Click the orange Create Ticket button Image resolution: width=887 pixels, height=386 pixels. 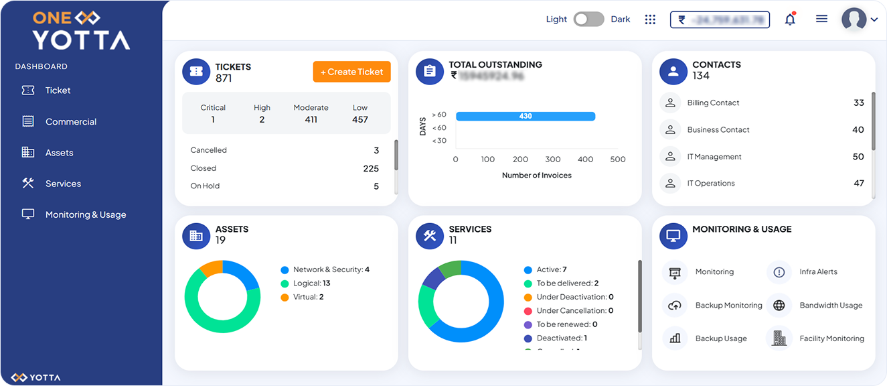click(x=351, y=72)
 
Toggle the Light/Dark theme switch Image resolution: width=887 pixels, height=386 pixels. click(x=588, y=19)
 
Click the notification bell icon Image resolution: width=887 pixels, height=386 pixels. click(x=790, y=19)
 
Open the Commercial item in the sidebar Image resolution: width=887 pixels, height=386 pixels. click(x=70, y=122)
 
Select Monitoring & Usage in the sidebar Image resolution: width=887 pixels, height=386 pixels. click(x=85, y=214)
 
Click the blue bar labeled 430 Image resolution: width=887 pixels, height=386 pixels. click(x=526, y=116)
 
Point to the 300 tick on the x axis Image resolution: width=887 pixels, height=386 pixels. click(x=553, y=159)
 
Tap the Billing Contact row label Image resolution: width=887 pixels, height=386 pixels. click(x=713, y=103)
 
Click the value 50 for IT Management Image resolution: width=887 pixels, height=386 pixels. click(x=858, y=157)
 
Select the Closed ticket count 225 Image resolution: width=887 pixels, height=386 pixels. click(x=371, y=168)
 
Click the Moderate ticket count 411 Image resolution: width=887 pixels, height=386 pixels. click(x=311, y=120)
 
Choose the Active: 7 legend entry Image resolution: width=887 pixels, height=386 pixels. click(x=551, y=269)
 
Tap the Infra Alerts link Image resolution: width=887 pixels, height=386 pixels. click(x=818, y=272)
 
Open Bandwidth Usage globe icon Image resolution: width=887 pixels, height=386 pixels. click(x=779, y=306)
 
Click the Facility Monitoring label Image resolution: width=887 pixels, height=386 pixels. click(x=831, y=339)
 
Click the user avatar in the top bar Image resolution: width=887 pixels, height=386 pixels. click(x=854, y=19)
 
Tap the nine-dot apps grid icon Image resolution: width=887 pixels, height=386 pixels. click(x=650, y=19)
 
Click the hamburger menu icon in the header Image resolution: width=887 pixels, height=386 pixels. click(x=821, y=19)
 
